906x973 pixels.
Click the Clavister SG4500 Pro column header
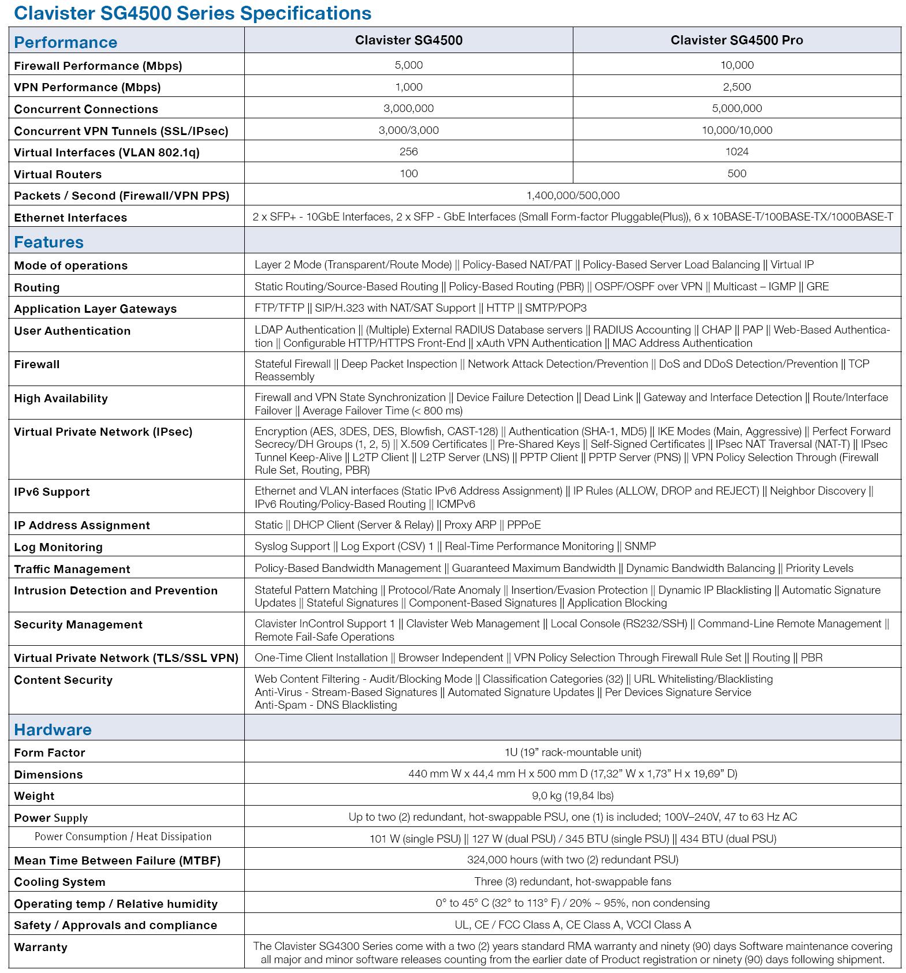coord(736,40)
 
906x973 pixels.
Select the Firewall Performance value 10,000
coord(737,65)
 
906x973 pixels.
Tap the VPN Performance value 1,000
coord(408,87)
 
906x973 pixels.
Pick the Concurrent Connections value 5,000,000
coord(737,108)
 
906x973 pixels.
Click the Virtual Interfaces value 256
coord(408,152)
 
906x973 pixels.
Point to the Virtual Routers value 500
coord(737,174)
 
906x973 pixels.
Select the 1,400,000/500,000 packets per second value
coord(572,196)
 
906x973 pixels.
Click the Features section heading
coord(49,242)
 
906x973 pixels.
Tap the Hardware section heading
coord(53,729)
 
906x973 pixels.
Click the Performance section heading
coord(65,42)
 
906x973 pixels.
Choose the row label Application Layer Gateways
coord(95,309)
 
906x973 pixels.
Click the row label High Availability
coord(61,398)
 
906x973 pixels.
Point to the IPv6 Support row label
coord(52,492)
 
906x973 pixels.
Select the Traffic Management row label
coord(72,569)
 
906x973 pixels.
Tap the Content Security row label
coord(63,680)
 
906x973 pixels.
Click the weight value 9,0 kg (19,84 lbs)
coord(572,796)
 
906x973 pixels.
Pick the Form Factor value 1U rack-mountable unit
coord(572,752)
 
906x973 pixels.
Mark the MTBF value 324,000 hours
coord(572,860)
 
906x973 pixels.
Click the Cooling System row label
coord(59,882)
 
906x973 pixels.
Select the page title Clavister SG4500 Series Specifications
coord(191,13)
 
